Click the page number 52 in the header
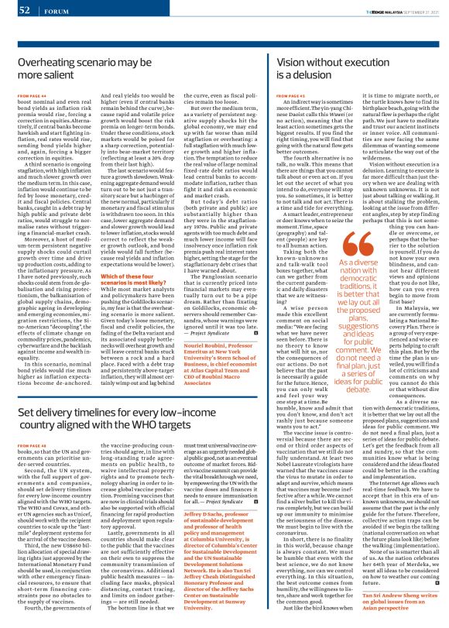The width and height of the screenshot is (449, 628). click(x=24, y=9)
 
